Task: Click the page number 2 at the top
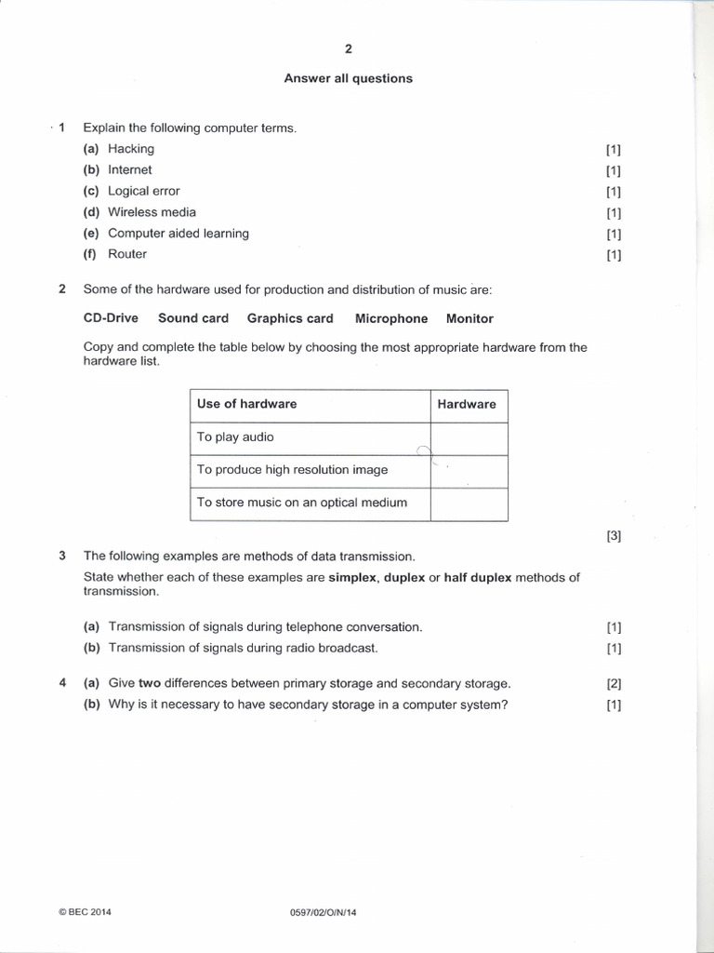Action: pyautogui.click(x=348, y=50)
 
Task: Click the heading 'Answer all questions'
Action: pyautogui.click(x=348, y=78)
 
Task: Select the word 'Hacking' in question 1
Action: pyautogui.click(x=131, y=149)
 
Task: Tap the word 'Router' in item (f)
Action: pyautogui.click(x=127, y=254)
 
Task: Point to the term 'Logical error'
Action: pyautogui.click(x=144, y=191)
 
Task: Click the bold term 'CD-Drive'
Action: pyautogui.click(x=111, y=318)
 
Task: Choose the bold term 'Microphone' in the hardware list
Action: pyautogui.click(x=391, y=318)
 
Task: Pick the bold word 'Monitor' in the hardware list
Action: pyautogui.click(x=469, y=318)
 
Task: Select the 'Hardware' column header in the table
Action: pyautogui.click(x=467, y=404)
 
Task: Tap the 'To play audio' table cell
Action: pyautogui.click(x=235, y=436)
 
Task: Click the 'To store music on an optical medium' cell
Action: pyautogui.click(x=302, y=503)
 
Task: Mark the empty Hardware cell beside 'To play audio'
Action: pyautogui.click(x=469, y=437)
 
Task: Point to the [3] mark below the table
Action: pyautogui.click(x=613, y=536)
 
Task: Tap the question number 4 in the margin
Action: pyautogui.click(x=62, y=682)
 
